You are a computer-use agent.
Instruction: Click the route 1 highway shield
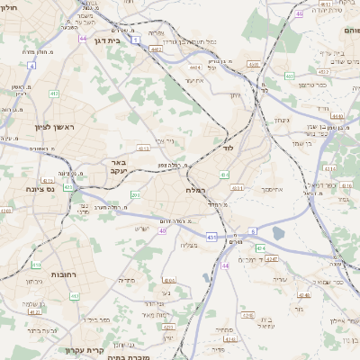134,40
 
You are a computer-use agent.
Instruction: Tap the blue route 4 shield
31,66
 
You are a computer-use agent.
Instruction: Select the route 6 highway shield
254,231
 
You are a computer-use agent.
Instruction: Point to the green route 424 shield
259,247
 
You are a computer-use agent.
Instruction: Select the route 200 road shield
135,194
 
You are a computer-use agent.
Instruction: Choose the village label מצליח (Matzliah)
188,245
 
